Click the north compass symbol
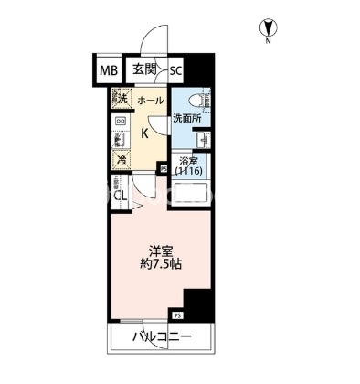point(268,27)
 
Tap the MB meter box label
point(109,71)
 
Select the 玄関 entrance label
point(144,69)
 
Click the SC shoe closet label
point(175,71)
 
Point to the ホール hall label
point(151,101)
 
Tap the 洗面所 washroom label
point(187,119)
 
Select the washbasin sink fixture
point(204,140)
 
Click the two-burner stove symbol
point(120,122)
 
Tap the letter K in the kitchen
point(145,133)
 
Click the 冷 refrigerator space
point(121,160)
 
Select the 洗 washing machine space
point(122,98)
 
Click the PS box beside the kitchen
point(164,168)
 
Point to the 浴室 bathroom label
point(186,161)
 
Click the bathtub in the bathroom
point(190,193)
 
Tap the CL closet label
point(120,196)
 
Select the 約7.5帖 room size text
point(161,264)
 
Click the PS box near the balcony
point(177,315)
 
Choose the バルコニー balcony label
point(162,337)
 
